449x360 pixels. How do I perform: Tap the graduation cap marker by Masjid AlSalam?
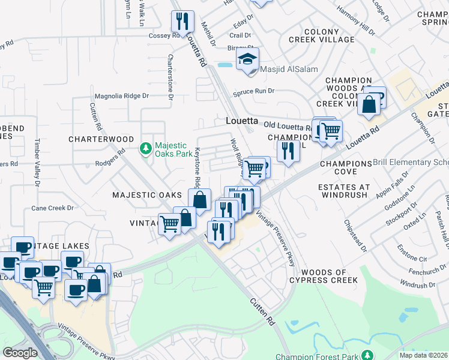[247, 59]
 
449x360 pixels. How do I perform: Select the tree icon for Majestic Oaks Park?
[145, 148]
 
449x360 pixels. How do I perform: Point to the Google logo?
[20, 353]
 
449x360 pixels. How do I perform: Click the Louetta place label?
[241, 121]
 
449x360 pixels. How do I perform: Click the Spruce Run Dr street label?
[253, 91]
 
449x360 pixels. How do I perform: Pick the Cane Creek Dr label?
[52, 208]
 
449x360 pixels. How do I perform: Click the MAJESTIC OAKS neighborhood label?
[146, 195]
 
